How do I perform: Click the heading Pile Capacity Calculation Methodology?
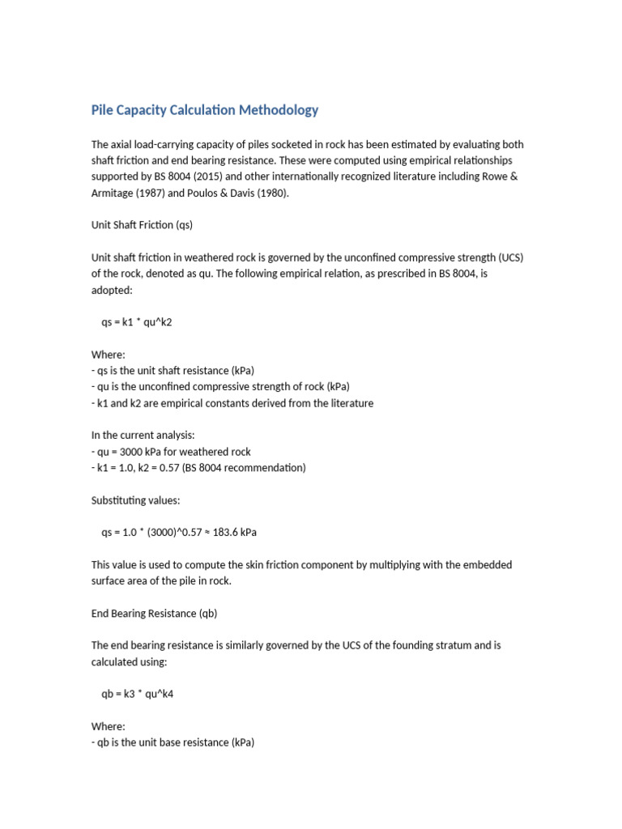tap(205, 110)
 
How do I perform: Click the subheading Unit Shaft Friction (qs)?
tap(142, 225)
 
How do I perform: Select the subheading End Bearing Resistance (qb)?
tap(154, 613)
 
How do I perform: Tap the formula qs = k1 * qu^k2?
tap(137, 322)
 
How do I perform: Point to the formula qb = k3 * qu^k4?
tap(138, 694)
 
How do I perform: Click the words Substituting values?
tap(135, 500)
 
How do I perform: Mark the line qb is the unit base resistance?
tap(173, 742)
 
